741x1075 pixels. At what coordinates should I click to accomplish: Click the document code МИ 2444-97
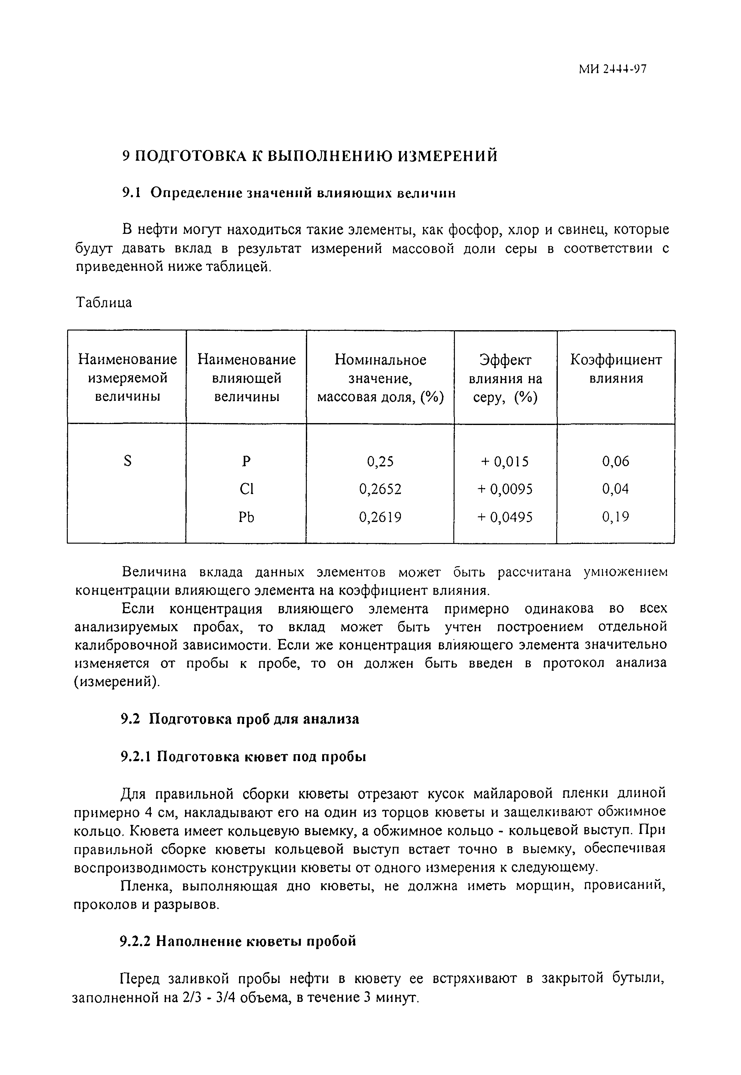(x=612, y=69)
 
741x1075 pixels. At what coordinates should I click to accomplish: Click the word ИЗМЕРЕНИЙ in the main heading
(x=448, y=156)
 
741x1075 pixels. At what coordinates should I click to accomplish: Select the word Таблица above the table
(x=104, y=303)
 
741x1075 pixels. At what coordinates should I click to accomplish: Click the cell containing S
(x=128, y=461)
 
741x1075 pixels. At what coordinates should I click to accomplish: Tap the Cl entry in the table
(x=246, y=489)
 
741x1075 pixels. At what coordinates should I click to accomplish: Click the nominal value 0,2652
(x=380, y=489)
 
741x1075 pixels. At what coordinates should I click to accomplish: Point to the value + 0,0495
(x=505, y=517)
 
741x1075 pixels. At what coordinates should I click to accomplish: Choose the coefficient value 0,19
(x=616, y=517)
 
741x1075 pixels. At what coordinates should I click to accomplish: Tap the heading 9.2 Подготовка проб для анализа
(x=240, y=719)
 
